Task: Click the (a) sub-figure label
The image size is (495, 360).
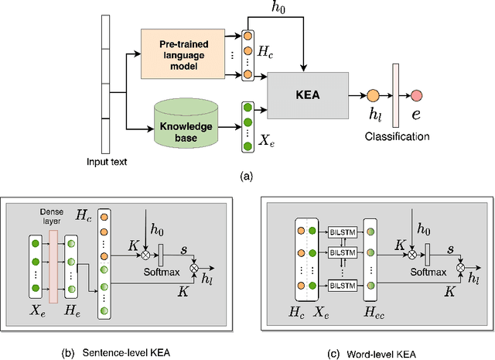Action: (247, 177)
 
